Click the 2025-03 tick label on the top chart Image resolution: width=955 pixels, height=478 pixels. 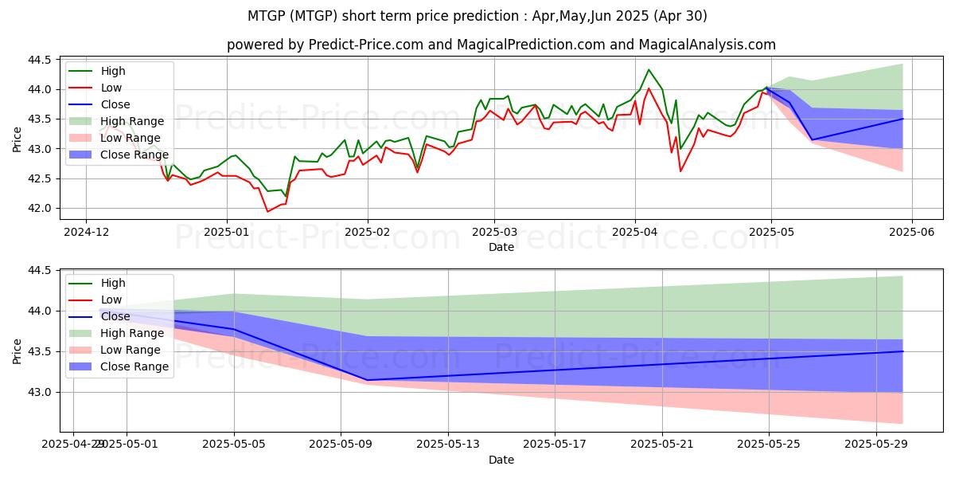tap(494, 231)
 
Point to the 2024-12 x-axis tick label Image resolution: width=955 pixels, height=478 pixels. tap(86, 231)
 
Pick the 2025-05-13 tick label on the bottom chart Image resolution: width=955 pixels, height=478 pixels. tap(447, 443)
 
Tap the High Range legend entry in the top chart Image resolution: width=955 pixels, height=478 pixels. tap(132, 121)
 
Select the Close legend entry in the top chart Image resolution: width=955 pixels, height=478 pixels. tap(115, 104)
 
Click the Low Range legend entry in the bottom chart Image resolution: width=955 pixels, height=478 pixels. tap(131, 350)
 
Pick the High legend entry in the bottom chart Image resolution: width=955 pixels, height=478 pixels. tap(113, 283)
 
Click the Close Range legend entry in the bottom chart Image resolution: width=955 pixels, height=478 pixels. tap(134, 366)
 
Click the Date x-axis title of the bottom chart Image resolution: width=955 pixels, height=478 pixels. tap(501, 460)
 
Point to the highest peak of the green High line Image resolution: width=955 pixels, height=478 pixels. tap(649, 69)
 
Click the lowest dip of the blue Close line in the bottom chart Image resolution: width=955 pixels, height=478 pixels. tap(367, 380)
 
